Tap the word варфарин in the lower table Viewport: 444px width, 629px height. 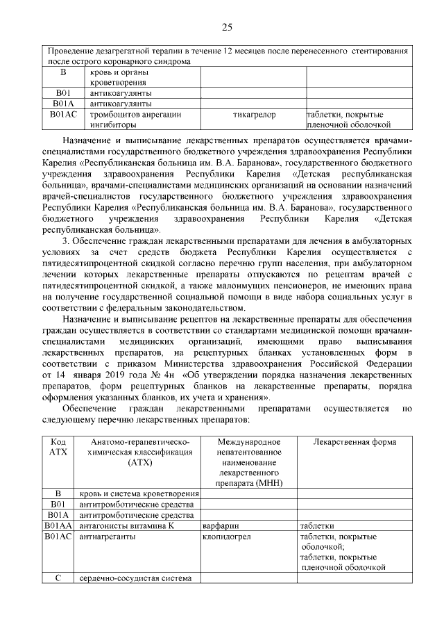coord(219,526)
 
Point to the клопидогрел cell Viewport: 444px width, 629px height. coord(223,537)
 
